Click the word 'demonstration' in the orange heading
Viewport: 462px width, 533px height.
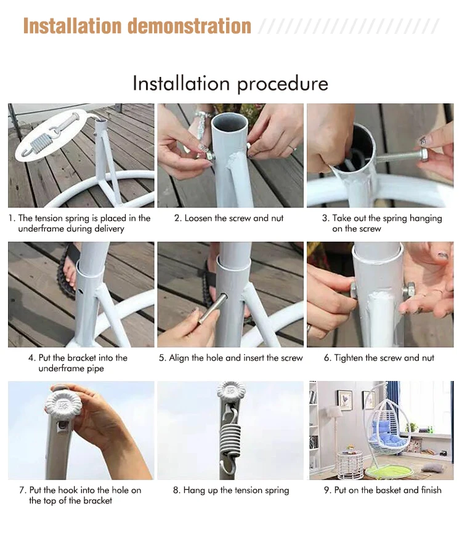[x=189, y=26]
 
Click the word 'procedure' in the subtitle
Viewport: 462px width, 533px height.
[x=282, y=84]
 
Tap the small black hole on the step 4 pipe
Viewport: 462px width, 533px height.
[x=80, y=291]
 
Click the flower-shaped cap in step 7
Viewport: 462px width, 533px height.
[x=63, y=404]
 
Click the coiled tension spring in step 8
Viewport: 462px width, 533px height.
[x=230, y=438]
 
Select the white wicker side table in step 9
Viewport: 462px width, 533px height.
[x=349, y=465]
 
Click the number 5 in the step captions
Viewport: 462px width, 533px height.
[x=162, y=358]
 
